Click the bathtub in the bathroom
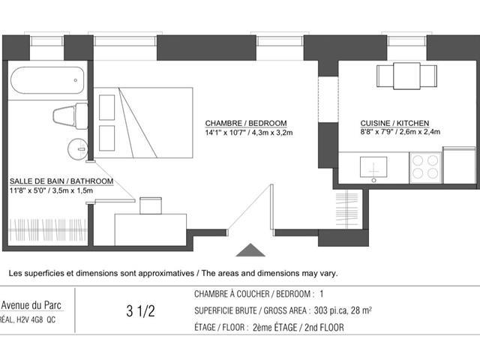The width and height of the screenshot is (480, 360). (x=47, y=80)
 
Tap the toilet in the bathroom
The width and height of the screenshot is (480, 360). (x=70, y=115)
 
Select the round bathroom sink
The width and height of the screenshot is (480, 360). (x=77, y=149)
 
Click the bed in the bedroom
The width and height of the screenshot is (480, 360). (x=143, y=123)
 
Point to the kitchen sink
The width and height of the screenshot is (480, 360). (x=373, y=167)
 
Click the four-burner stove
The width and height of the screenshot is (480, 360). (x=425, y=167)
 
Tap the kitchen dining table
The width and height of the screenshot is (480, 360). (x=406, y=76)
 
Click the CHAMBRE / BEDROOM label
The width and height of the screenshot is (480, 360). (x=246, y=123)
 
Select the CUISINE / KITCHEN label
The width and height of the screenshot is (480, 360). (x=394, y=123)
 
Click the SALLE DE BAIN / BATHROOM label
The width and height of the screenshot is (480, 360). (x=61, y=181)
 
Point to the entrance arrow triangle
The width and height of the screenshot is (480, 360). (x=250, y=250)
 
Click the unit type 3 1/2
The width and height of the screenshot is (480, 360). (x=141, y=311)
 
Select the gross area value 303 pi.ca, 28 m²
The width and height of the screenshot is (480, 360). (x=343, y=310)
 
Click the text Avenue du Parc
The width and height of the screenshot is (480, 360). (x=31, y=305)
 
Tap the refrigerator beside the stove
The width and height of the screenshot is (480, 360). (x=458, y=165)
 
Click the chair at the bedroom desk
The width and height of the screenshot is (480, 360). (x=151, y=205)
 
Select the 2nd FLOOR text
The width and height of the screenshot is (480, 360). (x=324, y=328)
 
